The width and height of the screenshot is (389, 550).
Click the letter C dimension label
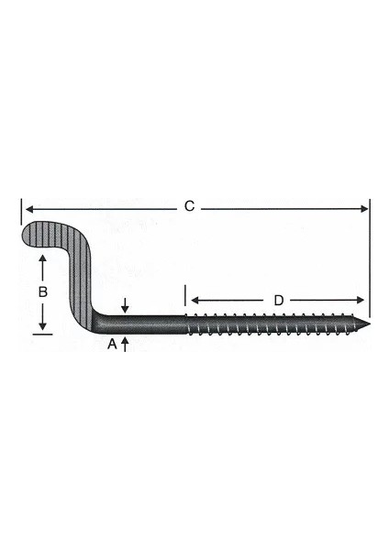(x=189, y=207)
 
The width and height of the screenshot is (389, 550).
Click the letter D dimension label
(x=278, y=300)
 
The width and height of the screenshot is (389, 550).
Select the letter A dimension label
(x=112, y=344)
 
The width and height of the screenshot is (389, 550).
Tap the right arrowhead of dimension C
(x=365, y=208)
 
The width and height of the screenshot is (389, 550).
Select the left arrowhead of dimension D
(x=194, y=301)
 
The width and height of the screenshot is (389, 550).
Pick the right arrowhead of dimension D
(x=361, y=301)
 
